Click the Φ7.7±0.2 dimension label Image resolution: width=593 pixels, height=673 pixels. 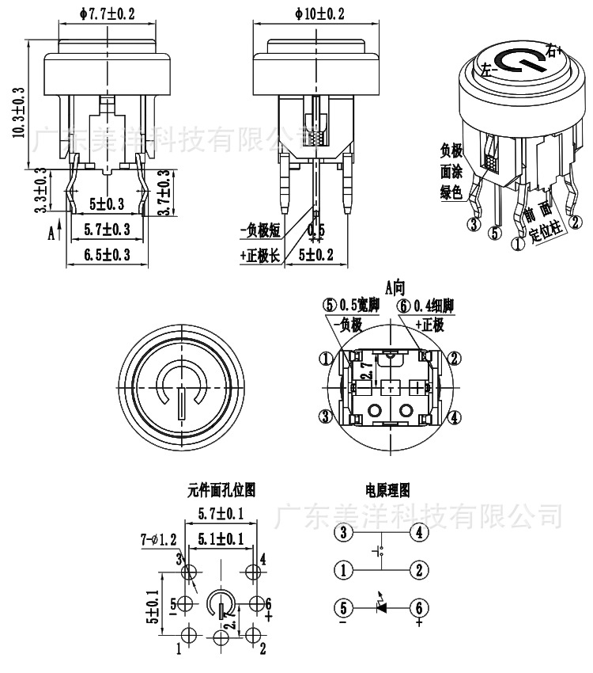(x=108, y=13)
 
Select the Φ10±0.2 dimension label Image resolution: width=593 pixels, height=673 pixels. (x=319, y=13)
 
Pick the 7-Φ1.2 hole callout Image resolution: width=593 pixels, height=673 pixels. (x=157, y=540)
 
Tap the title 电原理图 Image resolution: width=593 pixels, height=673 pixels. (x=387, y=491)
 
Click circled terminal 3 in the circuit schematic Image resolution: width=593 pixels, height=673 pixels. (x=344, y=533)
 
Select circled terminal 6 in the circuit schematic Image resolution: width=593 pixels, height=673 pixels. (x=418, y=608)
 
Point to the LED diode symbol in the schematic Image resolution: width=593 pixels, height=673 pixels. (x=381, y=607)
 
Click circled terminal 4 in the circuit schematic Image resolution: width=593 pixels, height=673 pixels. (x=418, y=533)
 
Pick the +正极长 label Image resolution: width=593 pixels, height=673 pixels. (x=259, y=255)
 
